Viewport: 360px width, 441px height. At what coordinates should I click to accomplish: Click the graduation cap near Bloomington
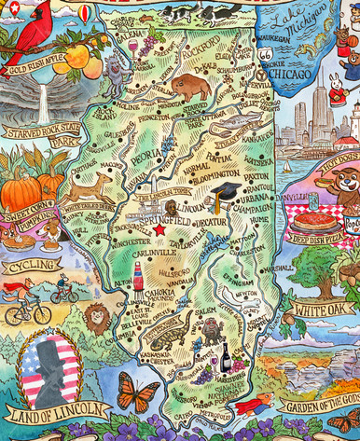[225, 193]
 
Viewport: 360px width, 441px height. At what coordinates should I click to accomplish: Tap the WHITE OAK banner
[322, 308]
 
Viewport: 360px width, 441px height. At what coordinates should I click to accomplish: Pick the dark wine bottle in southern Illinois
[223, 357]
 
